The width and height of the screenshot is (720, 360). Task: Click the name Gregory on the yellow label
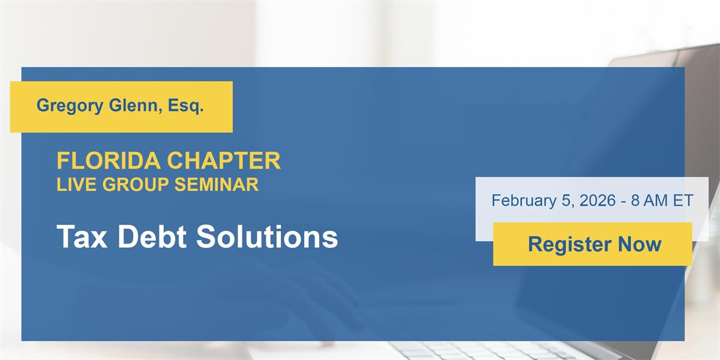(x=70, y=106)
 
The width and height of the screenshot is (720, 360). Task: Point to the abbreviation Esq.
(x=186, y=106)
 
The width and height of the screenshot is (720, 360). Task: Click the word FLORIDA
(x=109, y=160)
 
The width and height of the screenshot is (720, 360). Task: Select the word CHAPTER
(x=224, y=160)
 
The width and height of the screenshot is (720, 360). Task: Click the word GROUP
(x=136, y=184)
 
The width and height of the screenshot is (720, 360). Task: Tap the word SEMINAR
(x=217, y=184)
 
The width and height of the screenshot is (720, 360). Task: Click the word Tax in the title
(x=82, y=236)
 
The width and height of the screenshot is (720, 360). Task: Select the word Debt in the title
(x=152, y=236)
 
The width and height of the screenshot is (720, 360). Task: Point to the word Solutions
(x=267, y=236)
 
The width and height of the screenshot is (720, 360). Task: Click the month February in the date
(x=524, y=200)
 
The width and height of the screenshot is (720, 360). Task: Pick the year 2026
(x=598, y=200)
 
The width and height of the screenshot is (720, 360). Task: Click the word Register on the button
(x=570, y=245)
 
